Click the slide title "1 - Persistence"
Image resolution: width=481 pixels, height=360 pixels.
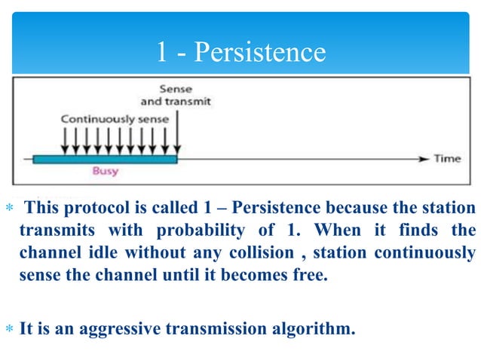click(240, 52)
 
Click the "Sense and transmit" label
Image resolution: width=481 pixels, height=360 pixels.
click(176, 95)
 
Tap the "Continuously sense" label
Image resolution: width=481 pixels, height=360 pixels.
click(115, 119)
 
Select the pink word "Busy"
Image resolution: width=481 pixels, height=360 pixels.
click(105, 172)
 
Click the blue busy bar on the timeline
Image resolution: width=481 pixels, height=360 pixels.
click(105, 159)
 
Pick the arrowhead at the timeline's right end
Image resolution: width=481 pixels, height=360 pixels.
click(423, 159)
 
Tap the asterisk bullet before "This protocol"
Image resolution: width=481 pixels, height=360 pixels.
click(8, 208)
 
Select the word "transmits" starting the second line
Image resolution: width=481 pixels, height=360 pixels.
click(51, 229)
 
